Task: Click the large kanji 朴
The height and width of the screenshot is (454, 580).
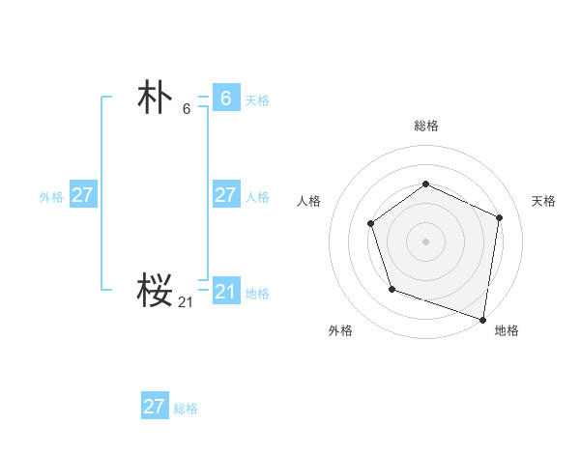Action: (155, 98)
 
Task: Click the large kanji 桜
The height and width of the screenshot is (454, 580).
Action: (155, 289)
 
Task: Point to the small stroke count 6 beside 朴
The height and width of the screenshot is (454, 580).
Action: (187, 109)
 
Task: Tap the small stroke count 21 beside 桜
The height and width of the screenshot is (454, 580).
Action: (186, 302)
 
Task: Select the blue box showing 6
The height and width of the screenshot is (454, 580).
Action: (225, 98)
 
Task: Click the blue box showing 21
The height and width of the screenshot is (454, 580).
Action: (225, 291)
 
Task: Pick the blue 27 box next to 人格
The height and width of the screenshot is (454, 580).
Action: (225, 194)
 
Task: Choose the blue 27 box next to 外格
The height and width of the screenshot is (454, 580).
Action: (82, 194)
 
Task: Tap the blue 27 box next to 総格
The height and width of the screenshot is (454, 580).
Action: (154, 406)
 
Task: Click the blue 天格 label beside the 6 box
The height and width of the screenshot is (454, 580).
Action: (257, 99)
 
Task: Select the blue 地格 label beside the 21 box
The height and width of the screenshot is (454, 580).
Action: (257, 293)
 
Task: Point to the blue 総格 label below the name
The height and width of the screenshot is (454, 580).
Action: (186, 409)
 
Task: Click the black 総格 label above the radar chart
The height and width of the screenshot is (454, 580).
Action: (425, 126)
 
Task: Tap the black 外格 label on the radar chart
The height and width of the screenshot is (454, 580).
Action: (340, 330)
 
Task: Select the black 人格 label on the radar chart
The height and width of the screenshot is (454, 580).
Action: (308, 201)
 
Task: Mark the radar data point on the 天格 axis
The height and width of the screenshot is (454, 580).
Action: (500, 217)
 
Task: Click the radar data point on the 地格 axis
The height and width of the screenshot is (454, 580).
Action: (482, 318)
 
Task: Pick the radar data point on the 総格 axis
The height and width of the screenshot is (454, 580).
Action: (425, 184)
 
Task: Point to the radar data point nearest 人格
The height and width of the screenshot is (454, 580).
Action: (371, 224)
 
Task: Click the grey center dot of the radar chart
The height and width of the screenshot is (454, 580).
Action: (425, 241)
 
